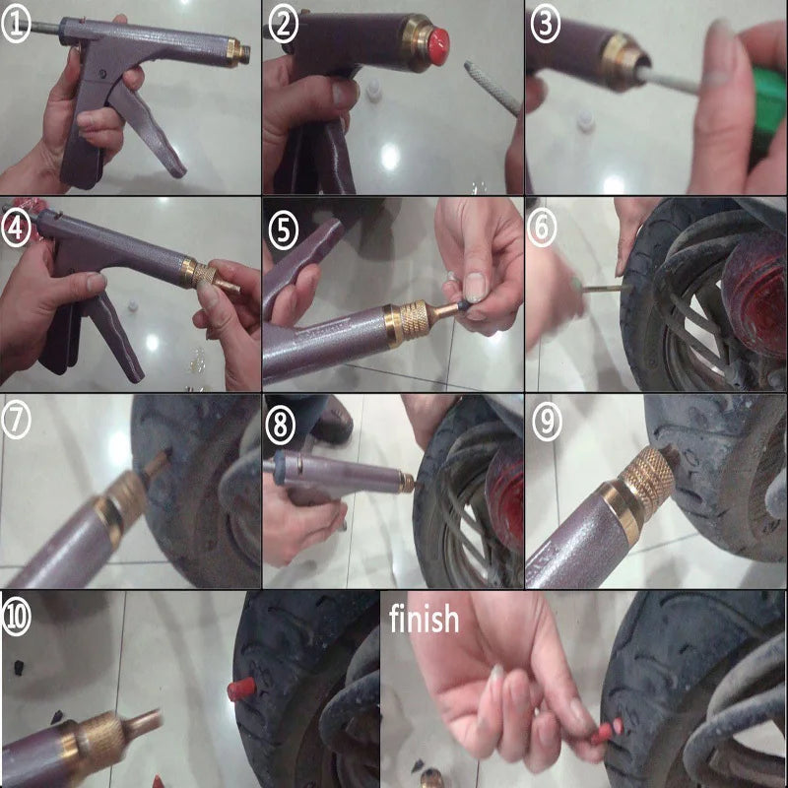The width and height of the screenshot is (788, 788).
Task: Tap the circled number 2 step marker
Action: pyautogui.click(x=284, y=26)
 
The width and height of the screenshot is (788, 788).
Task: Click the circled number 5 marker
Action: pyautogui.click(x=284, y=230)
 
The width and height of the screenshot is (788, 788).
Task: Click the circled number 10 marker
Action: pyautogui.click(x=17, y=616)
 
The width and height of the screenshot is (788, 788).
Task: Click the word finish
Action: pyautogui.click(x=424, y=620)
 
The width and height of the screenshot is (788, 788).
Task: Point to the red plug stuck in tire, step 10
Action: pyautogui.click(x=240, y=687)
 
